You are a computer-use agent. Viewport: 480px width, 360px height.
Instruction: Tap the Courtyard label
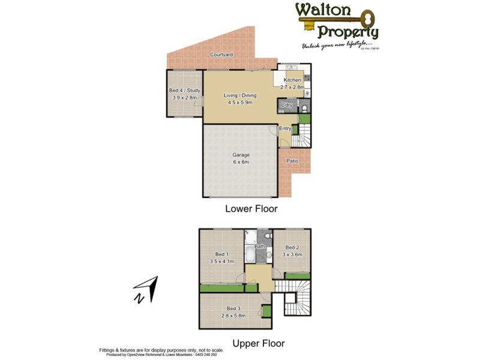[221, 55]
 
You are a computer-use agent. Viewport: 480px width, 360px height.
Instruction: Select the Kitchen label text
[292, 80]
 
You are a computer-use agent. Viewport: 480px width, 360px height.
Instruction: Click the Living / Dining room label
[240, 95]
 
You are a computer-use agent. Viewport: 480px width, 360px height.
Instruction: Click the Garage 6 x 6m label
[241, 158]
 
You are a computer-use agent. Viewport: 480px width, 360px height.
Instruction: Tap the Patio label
[292, 161]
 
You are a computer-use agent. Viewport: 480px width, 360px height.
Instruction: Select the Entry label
[285, 128]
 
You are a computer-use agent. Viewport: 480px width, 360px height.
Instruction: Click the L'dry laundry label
[287, 106]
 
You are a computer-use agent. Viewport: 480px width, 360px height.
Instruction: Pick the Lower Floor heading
[251, 209]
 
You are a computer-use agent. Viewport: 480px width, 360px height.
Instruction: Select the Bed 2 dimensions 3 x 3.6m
[292, 254]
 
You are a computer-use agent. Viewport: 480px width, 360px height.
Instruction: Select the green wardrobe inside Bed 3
[266, 310]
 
